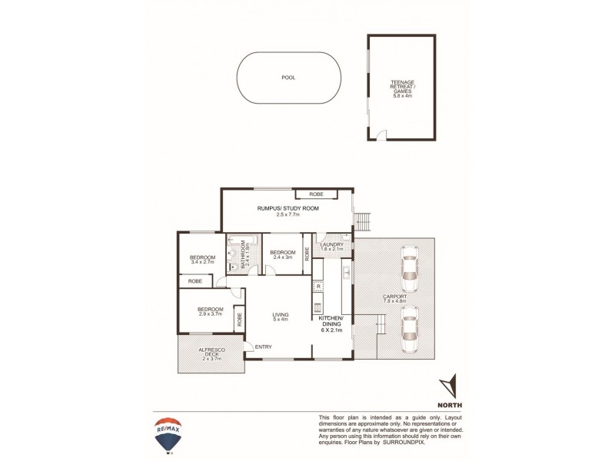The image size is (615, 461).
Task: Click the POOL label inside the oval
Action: point(288,78)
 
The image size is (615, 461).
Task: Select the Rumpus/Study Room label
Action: point(287,211)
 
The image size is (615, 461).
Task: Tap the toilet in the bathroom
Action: point(233,266)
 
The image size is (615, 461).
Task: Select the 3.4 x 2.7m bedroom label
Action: point(203,260)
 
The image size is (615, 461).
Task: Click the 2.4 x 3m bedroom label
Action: point(283,254)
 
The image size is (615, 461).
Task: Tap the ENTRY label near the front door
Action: point(263,347)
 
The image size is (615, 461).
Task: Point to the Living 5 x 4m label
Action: point(280,317)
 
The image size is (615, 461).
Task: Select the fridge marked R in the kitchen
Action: point(318,286)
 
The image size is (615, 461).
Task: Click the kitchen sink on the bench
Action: point(347,272)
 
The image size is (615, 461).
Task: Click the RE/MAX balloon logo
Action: point(168,435)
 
